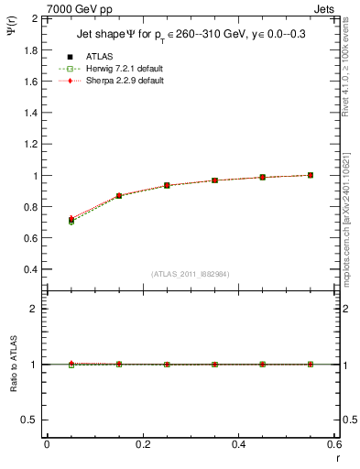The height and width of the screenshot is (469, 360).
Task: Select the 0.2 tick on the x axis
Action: tap(142, 443)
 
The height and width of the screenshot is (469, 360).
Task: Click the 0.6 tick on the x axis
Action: tap(333, 443)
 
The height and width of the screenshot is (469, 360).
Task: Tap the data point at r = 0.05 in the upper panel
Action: tap(71, 220)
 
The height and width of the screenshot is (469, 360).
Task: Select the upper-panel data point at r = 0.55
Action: tap(311, 175)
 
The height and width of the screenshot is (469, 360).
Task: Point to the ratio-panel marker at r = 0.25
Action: tap(167, 364)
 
